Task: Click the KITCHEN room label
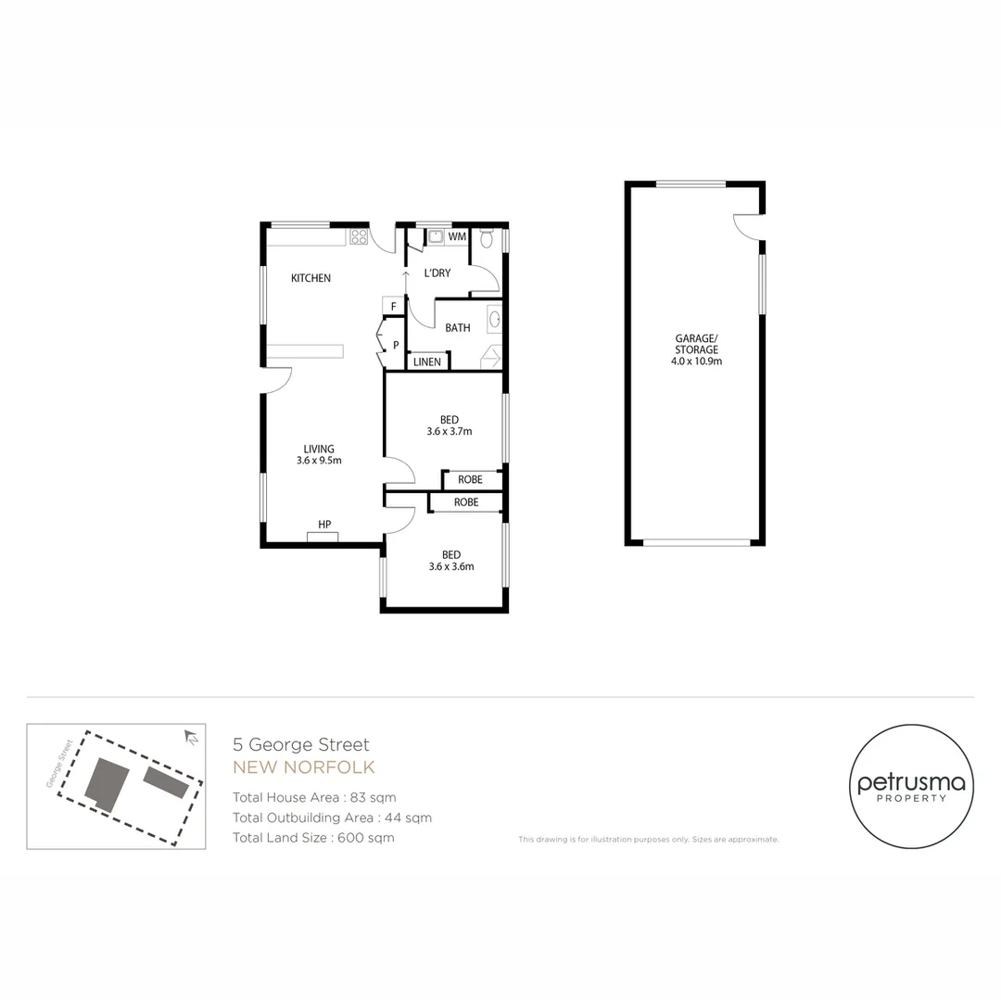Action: click(x=310, y=278)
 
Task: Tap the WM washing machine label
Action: click(x=456, y=237)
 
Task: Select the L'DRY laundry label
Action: click(x=437, y=273)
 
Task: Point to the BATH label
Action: click(x=457, y=328)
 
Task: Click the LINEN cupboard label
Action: click(x=427, y=361)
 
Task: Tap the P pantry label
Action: click(x=396, y=345)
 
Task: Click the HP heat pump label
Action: click(x=324, y=525)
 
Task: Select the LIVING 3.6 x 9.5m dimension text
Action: click(x=320, y=460)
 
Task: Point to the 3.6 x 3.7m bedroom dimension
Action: click(x=450, y=431)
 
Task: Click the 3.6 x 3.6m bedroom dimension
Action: click(x=451, y=566)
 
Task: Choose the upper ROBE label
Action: click(x=470, y=480)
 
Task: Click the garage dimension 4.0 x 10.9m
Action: click(x=696, y=361)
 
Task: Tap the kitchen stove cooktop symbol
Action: click(x=359, y=237)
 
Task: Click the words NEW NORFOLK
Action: click(x=304, y=767)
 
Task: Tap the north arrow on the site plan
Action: click(x=192, y=738)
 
